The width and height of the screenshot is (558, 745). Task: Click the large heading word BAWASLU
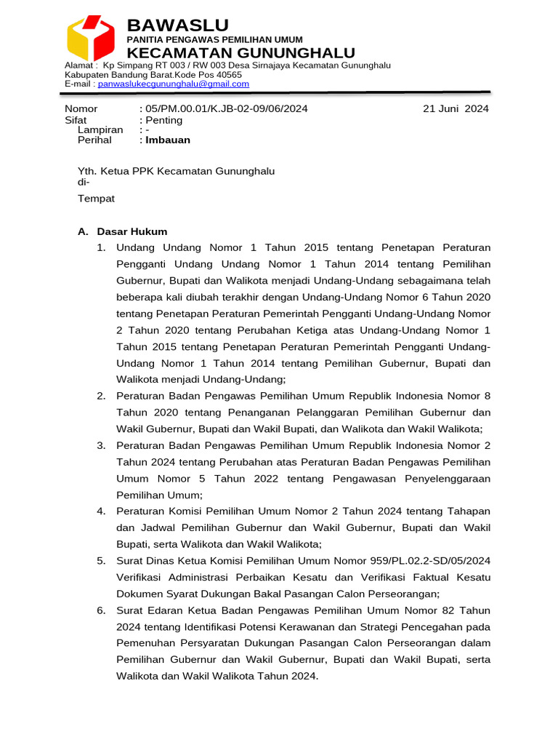coord(177,25)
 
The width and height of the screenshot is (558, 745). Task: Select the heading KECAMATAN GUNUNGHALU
coord(240,52)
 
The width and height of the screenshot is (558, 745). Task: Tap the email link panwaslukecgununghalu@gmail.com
coord(174,84)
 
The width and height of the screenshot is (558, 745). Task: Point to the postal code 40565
coord(230,75)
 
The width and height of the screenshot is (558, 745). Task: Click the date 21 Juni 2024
coord(456,109)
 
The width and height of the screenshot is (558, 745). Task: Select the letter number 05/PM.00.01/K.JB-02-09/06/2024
coord(226,109)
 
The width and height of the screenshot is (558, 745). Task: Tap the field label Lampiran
coord(100,130)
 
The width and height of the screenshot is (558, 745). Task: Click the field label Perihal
coord(95,140)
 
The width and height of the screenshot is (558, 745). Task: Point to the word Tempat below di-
coord(96,199)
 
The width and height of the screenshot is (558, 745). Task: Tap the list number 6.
coord(101,610)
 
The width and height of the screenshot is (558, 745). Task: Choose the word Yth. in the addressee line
coord(87,171)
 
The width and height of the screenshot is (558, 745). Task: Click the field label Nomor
coord(81,109)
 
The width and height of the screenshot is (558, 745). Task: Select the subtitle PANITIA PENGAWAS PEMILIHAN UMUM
coord(215,39)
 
